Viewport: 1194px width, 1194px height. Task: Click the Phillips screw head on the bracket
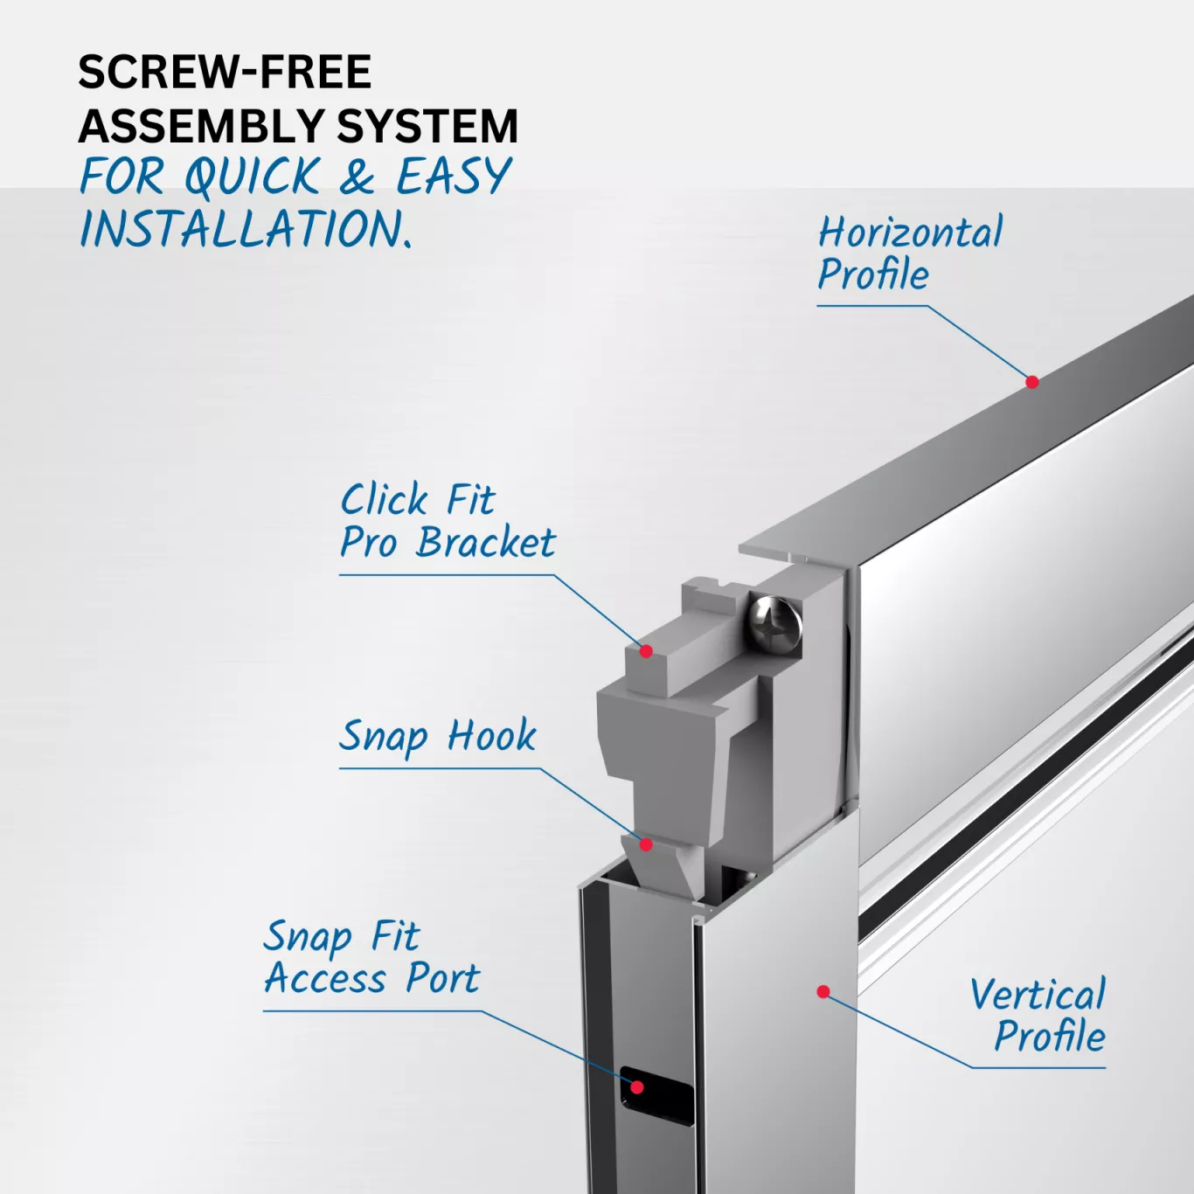(774, 626)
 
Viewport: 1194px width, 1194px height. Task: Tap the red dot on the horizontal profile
(1031, 382)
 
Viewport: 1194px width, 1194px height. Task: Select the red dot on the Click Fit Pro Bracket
(646, 651)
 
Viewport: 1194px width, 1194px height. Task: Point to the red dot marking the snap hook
(646, 844)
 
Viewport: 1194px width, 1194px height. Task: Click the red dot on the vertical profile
(823, 992)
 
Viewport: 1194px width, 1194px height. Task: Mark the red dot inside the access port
(636, 1086)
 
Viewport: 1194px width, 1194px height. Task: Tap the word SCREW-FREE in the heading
(225, 72)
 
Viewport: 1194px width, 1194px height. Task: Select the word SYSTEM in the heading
(427, 127)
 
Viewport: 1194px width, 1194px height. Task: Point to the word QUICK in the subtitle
(253, 176)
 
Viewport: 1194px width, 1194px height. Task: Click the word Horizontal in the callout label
(910, 233)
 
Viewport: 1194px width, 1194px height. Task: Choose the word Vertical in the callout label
(1038, 995)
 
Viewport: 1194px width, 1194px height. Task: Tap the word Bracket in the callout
(485, 543)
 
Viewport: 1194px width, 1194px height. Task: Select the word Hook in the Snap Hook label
(491, 735)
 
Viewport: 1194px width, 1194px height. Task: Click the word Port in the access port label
(442, 979)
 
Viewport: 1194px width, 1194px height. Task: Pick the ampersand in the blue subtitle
(358, 176)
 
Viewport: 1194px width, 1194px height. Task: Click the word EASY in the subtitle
(453, 176)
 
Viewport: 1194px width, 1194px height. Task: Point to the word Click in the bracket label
(385, 499)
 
